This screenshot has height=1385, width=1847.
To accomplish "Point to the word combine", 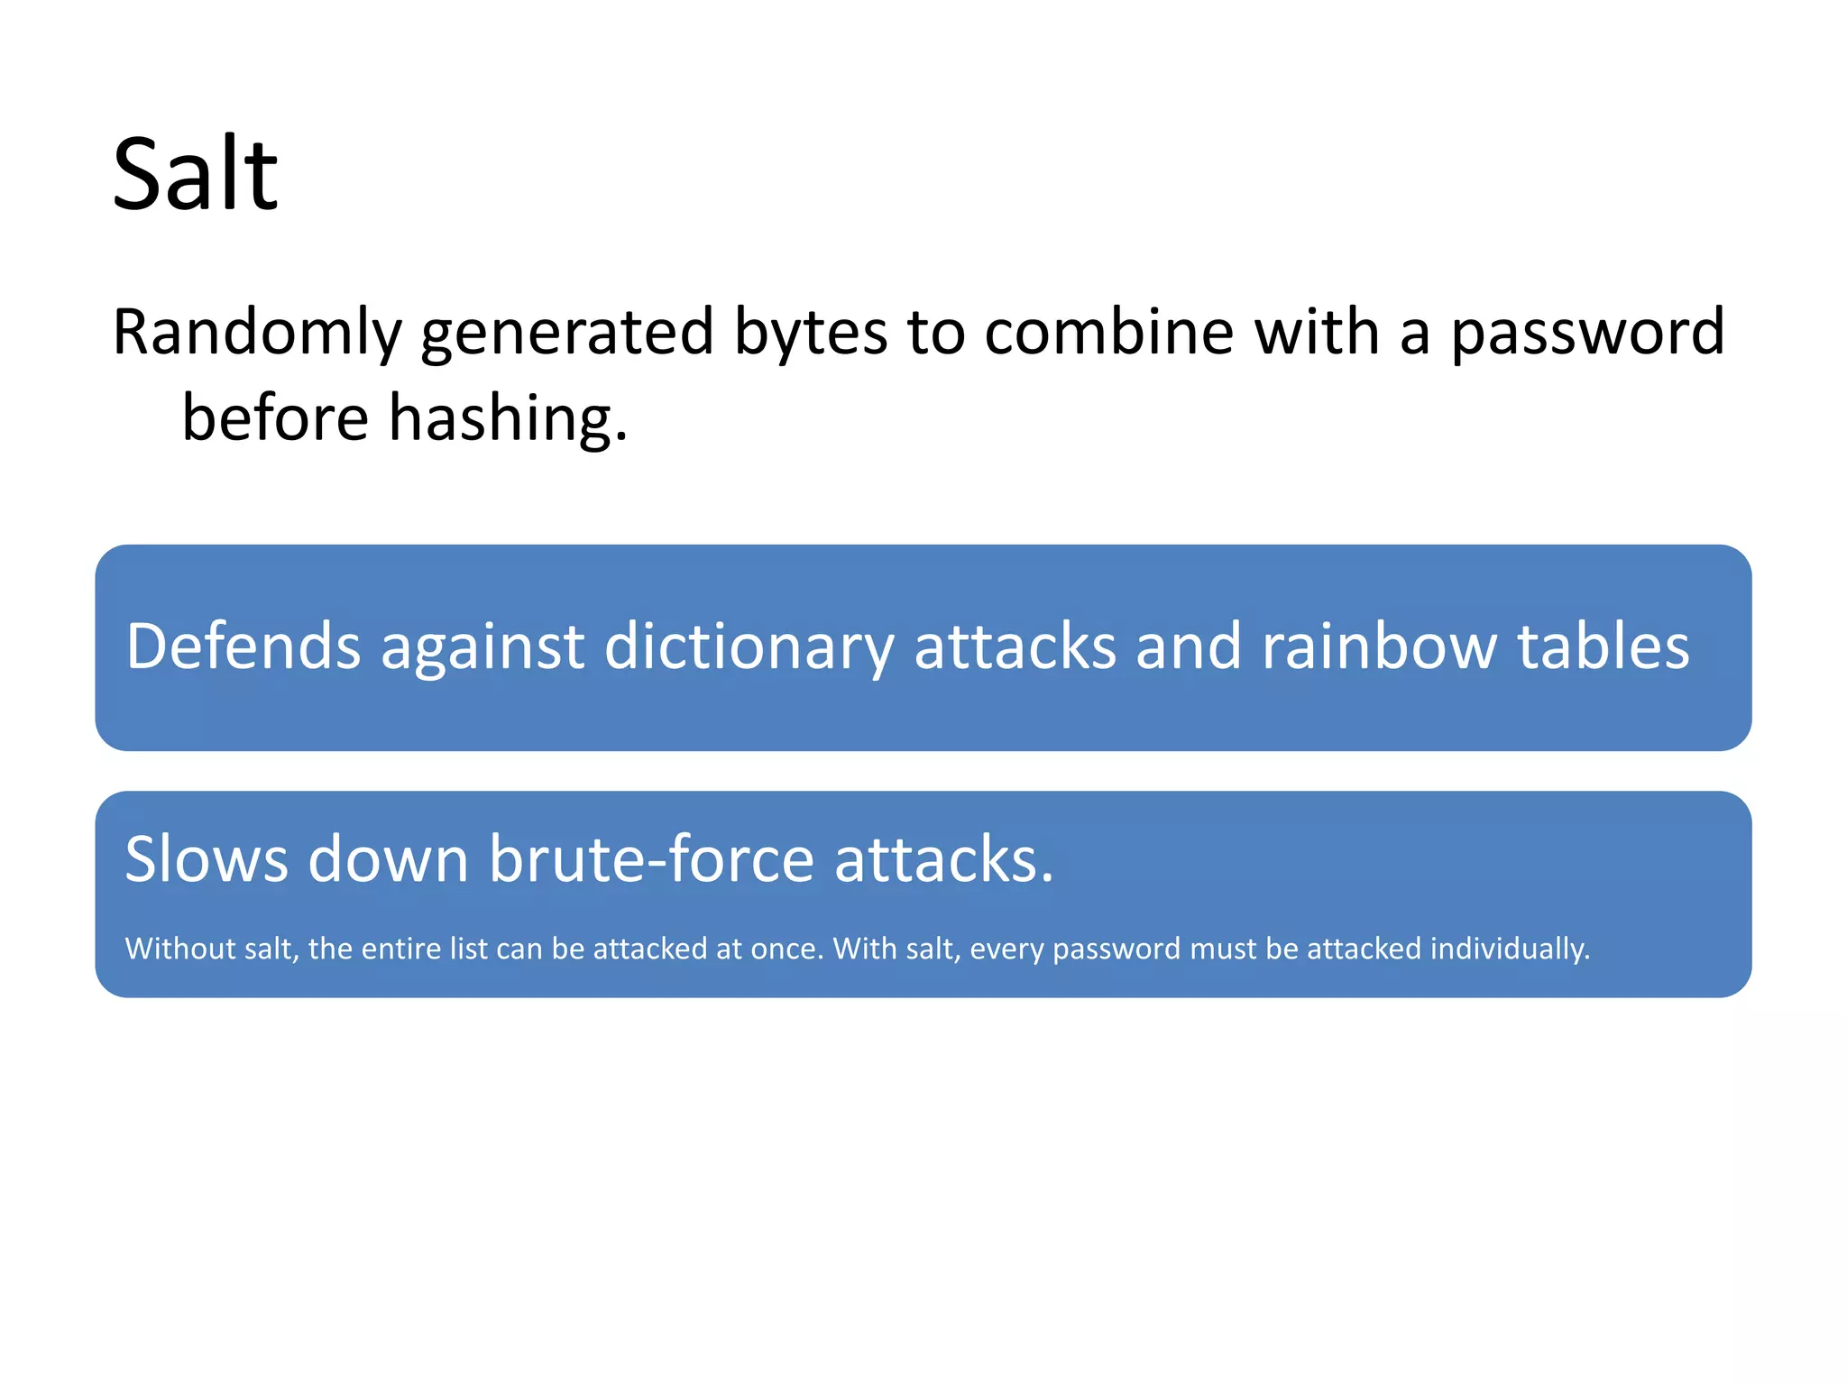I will tap(1108, 332).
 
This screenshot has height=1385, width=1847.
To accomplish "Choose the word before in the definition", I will tap(275, 418).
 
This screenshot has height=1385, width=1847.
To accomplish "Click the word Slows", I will tap(207, 858).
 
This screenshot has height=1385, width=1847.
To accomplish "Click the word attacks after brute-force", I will tap(943, 858).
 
